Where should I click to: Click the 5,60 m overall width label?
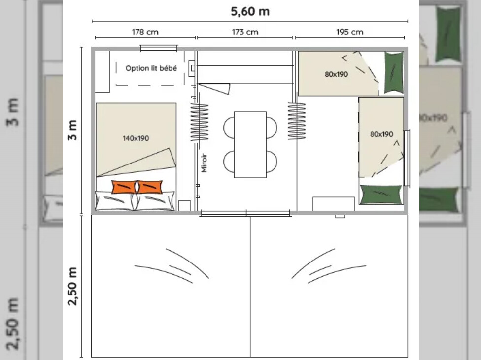tap(250, 12)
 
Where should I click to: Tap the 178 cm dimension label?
tap(145, 32)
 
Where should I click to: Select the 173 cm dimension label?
tap(245, 32)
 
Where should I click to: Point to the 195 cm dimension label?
tap(349, 32)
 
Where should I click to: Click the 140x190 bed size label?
tap(136, 138)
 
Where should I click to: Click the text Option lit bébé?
tap(151, 68)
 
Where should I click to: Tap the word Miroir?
tap(204, 163)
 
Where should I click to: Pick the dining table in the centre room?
tap(250, 145)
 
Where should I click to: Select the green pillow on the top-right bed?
tap(394, 72)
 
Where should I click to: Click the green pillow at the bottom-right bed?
tap(380, 195)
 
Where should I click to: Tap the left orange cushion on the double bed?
tap(124, 187)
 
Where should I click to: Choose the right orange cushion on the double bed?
tap(150, 187)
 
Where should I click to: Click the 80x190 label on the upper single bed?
tap(336, 74)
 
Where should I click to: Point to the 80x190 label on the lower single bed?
tap(381, 134)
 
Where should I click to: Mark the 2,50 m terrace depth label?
tap(72, 286)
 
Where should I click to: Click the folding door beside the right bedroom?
tap(297, 121)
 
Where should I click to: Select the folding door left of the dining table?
tap(200, 122)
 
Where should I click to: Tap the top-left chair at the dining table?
tap(229, 127)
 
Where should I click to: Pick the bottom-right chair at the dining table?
tap(272, 162)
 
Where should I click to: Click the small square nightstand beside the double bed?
tap(184, 205)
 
